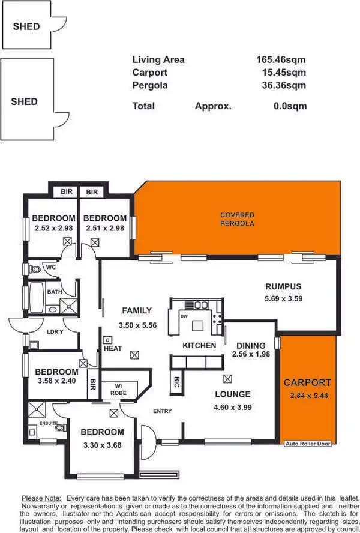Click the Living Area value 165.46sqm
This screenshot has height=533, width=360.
pyautogui.click(x=281, y=59)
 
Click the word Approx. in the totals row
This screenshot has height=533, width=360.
pyautogui.click(x=212, y=106)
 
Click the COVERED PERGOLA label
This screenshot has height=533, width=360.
pyautogui.click(x=237, y=219)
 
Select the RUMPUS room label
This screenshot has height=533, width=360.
pyautogui.click(x=283, y=286)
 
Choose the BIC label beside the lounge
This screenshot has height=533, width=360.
pyautogui.click(x=176, y=384)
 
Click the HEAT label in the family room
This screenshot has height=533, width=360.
pyautogui.click(x=113, y=348)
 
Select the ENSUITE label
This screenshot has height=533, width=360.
pyautogui.click(x=48, y=423)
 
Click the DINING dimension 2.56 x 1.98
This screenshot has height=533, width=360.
pyautogui.click(x=251, y=354)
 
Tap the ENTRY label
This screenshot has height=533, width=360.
pyautogui.click(x=162, y=411)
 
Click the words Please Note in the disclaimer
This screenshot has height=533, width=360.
pyautogui.click(x=41, y=498)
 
